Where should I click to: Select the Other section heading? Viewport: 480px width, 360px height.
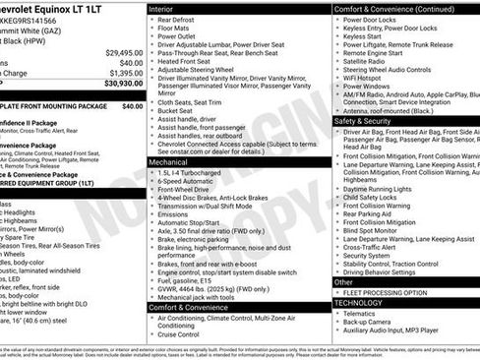343,281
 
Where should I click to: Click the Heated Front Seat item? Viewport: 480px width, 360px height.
192,61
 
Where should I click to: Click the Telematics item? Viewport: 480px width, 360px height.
363,314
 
